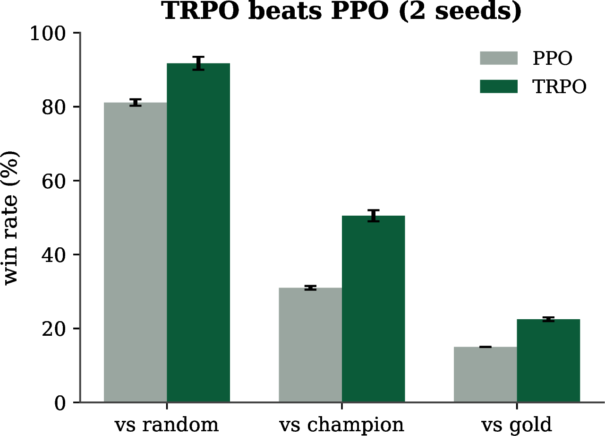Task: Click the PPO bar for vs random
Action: click(x=136, y=253)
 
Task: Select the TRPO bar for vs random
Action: click(x=198, y=233)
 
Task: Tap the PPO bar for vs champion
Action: click(x=310, y=345)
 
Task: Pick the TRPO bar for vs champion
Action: click(x=373, y=309)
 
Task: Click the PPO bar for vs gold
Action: click(x=486, y=375)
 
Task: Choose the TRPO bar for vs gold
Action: click(x=548, y=361)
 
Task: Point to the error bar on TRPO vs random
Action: click(x=198, y=63)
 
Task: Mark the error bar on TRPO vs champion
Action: click(x=373, y=216)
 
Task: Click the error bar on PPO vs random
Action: click(x=136, y=103)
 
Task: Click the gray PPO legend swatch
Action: click(x=499, y=58)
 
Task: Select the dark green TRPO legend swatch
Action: click(x=499, y=87)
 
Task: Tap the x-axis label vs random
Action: click(x=167, y=424)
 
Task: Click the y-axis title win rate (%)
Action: click(x=11, y=218)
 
